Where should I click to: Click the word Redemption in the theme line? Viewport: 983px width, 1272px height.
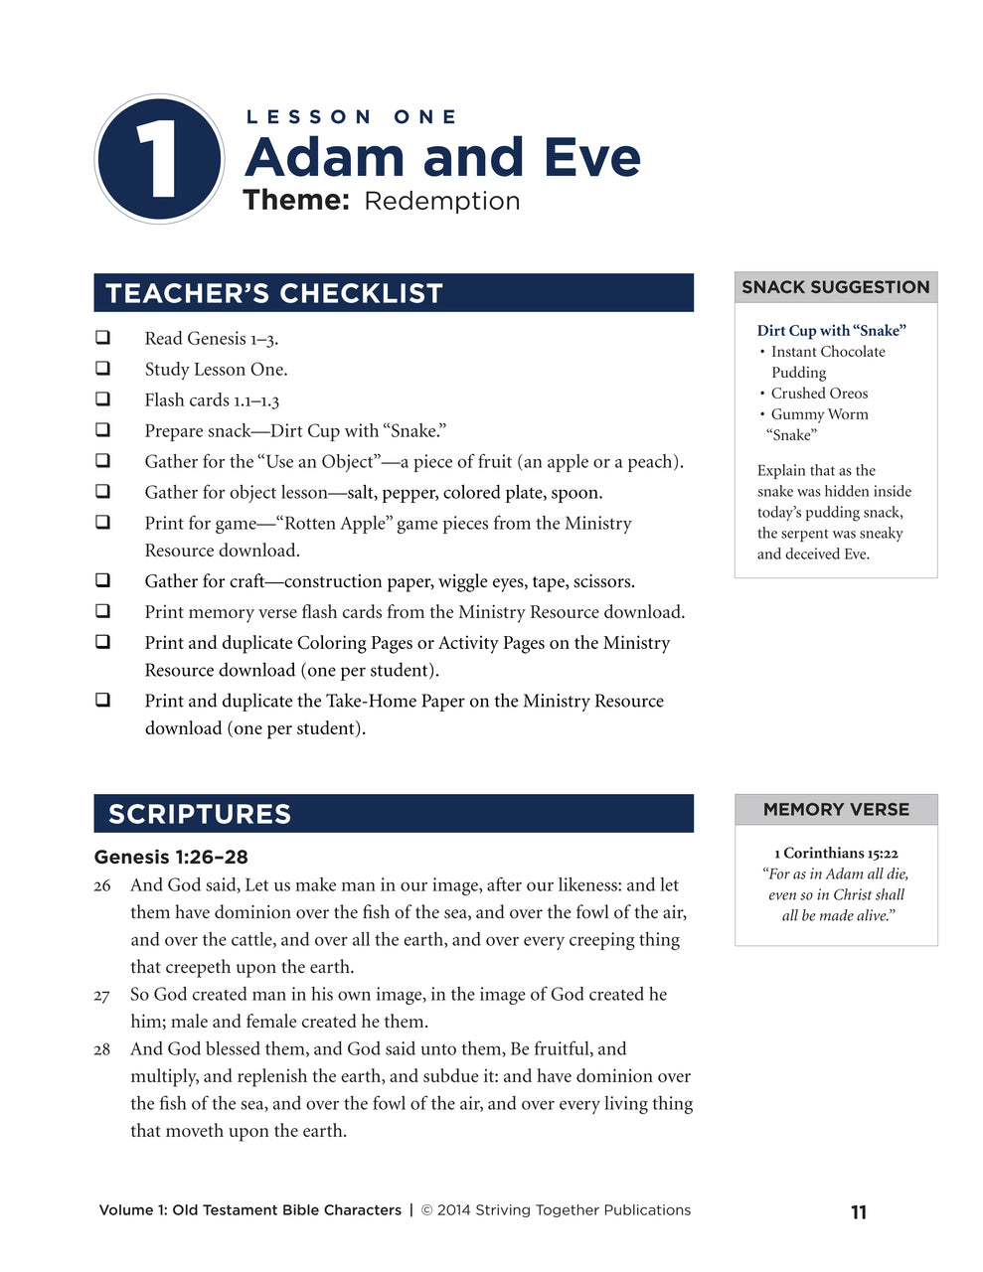click(441, 201)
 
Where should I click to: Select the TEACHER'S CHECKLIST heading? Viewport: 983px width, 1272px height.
click(274, 293)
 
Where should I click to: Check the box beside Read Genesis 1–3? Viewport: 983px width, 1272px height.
click(102, 338)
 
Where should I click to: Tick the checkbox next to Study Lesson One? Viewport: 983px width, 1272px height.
click(102, 369)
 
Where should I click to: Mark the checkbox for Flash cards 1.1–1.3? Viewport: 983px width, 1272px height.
click(102, 399)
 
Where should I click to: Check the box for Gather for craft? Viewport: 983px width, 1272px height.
click(102, 580)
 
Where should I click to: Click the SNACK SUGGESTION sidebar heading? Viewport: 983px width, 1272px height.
click(835, 287)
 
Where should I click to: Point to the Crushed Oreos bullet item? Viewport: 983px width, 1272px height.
click(819, 394)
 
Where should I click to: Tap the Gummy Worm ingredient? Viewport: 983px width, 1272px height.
click(819, 414)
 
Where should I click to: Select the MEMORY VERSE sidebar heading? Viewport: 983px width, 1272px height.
click(836, 810)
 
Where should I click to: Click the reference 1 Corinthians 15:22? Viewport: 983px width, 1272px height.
click(836, 853)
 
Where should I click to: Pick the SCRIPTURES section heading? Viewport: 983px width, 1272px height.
click(200, 814)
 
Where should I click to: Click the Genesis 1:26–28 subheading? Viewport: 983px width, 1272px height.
click(171, 857)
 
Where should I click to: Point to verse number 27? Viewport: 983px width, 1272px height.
click(102, 995)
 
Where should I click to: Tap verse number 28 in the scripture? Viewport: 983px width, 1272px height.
click(102, 1049)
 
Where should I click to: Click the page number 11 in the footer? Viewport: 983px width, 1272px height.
click(859, 1212)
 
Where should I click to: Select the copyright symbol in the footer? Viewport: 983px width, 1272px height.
click(427, 1210)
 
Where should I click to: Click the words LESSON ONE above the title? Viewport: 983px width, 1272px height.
click(351, 117)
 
